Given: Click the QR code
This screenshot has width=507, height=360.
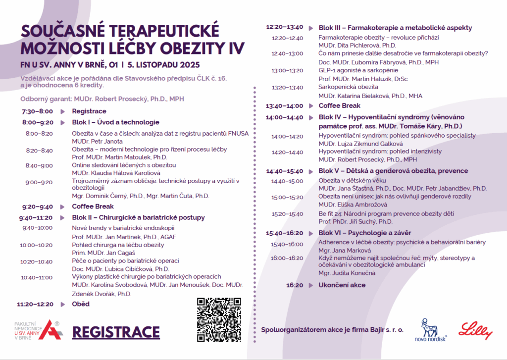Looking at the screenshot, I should coord(219,320).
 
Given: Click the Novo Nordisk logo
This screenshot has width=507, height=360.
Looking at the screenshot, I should coord(430,331).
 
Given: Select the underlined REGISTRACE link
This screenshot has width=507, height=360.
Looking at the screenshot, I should coord(116,332).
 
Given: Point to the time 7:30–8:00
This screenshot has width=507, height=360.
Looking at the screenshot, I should coord(37,111).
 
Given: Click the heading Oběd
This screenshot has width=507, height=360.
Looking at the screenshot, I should coord(81,304).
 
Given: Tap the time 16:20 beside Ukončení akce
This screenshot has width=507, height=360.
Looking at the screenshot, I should coord(295,285).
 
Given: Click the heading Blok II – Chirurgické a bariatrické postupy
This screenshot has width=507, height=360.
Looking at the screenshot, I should coord(138,217).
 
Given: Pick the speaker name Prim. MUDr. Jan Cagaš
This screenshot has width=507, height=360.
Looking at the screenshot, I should coord(103,253).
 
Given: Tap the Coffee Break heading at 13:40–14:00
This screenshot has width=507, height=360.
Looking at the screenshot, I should coord(339,105).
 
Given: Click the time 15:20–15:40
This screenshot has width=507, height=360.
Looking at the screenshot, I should coord(287,214).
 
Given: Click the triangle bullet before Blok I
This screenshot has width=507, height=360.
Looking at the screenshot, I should coord(63,122).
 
